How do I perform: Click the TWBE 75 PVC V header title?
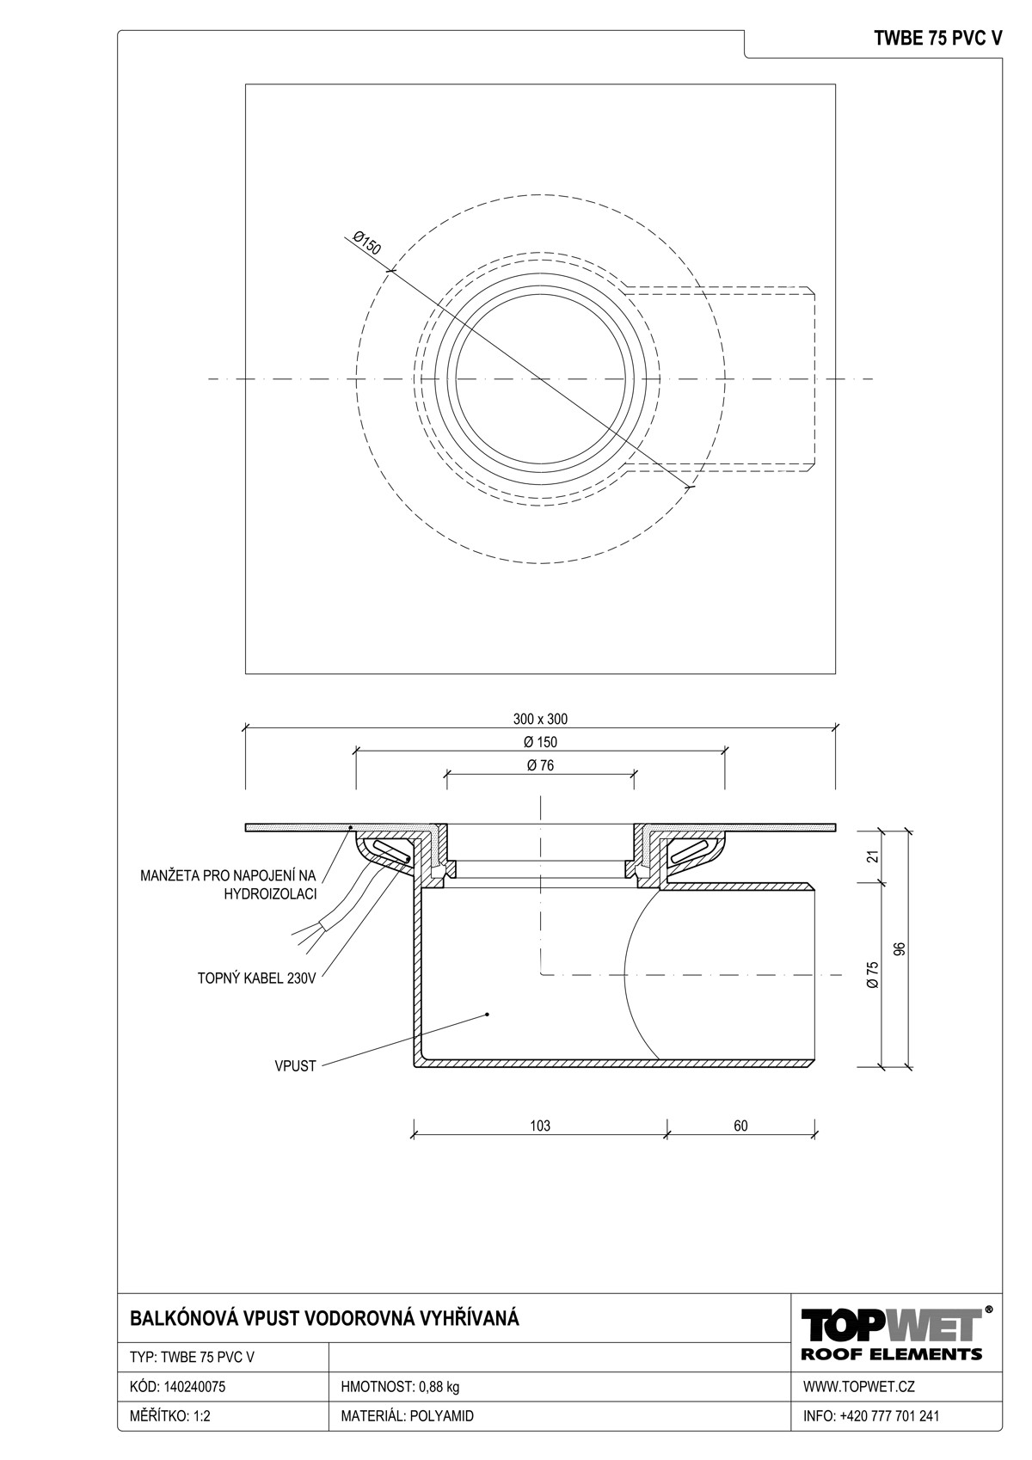click(x=937, y=39)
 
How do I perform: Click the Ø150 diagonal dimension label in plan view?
click(x=367, y=243)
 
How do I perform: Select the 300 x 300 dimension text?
click(x=540, y=719)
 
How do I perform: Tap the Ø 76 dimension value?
click(x=540, y=765)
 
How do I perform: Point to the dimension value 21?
click(x=875, y=856)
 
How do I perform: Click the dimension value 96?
click(x=900, y=948)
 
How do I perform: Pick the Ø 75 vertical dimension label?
click(x=874, y=974)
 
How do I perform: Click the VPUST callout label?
click(x=295, y=1066)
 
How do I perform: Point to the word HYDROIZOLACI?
click(x=270, y=894)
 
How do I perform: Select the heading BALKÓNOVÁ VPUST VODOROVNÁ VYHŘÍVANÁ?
click(x=325, y=1319)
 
